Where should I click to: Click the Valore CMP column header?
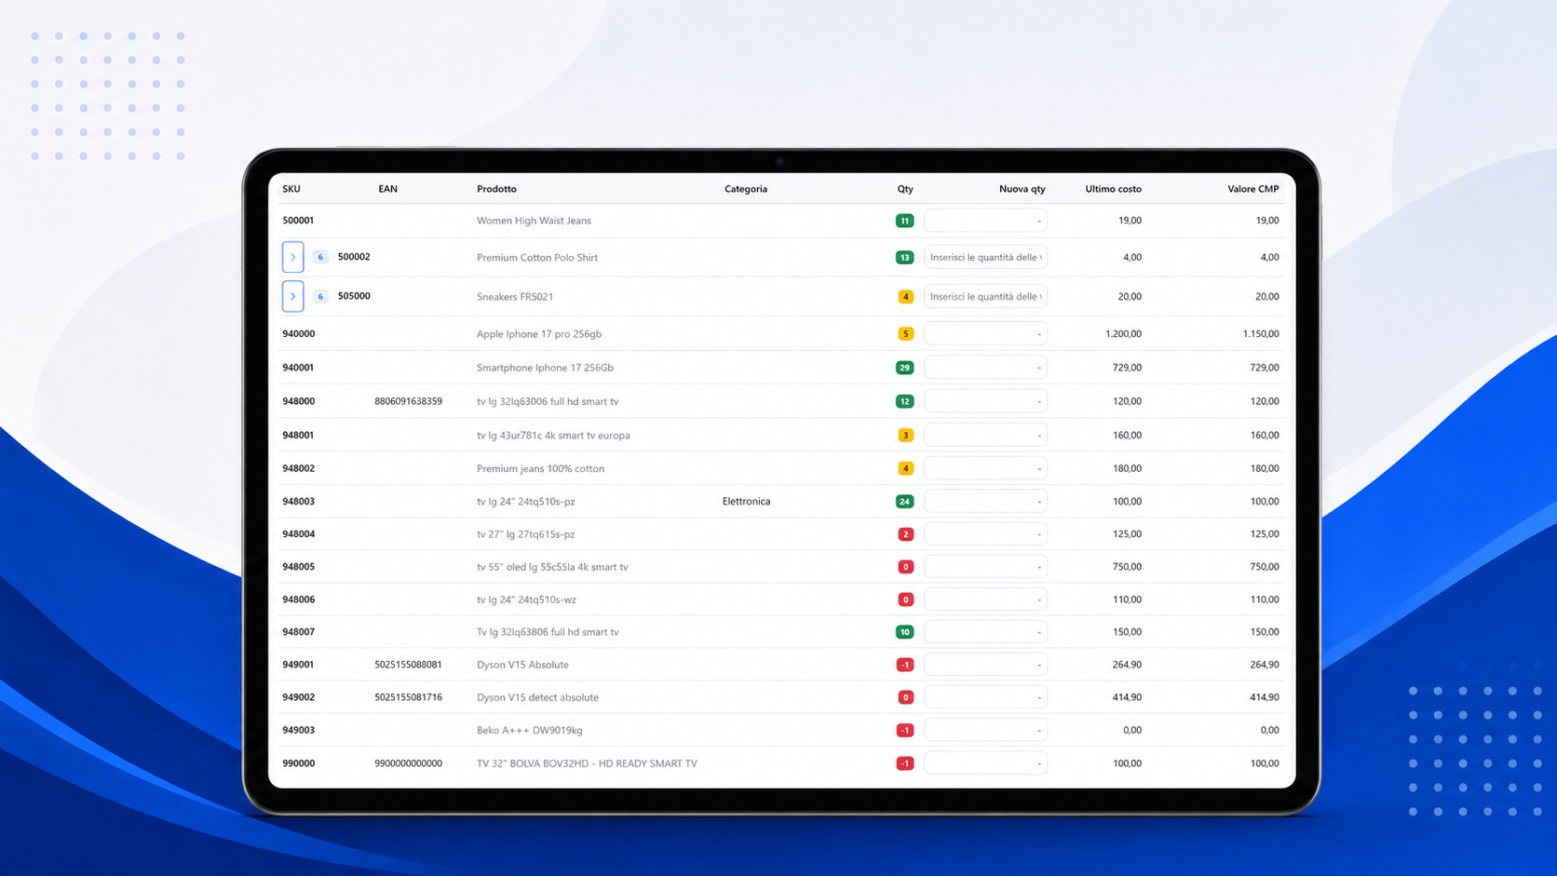(1252, 189)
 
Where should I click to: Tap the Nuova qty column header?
(1022, 189)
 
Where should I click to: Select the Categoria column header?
(745, 189)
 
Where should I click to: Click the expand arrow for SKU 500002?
(292, 257)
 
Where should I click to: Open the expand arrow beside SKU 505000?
(292, 297)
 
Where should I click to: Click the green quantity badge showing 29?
(904, 368)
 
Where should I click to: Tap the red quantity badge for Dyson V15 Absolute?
(904, 665)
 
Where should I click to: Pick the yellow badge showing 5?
(905, 334)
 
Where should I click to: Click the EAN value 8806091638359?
(408, 401)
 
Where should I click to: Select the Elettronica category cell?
(746, 502)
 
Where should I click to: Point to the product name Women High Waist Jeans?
(534, 221)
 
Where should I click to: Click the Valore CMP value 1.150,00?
(1260, 334)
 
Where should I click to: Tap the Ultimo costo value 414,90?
(1127, 697)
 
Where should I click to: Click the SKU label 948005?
(298, 567)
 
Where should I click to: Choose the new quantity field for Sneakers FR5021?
(985, 297)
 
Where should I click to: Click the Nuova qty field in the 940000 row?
(985, 334)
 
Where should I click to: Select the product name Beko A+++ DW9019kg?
(530, 730)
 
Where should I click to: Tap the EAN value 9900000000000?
(408, 763)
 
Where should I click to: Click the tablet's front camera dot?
(779, 161)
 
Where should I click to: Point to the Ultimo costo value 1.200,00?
(1123, 334)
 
